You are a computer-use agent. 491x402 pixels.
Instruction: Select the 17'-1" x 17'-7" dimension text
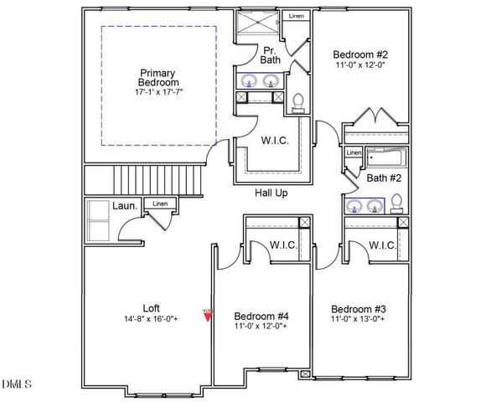click(x=158, y=92)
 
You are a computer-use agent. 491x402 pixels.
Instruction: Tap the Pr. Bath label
click(x=268, y=54)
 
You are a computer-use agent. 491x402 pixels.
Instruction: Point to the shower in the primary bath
click(x=259, y=23)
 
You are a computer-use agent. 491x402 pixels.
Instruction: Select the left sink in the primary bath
click(x=251, y=81)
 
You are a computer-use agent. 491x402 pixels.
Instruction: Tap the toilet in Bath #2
click(x=398, y=204)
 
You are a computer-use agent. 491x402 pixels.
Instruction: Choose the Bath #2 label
click(x=385, y=178)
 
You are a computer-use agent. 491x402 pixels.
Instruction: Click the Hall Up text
click(x=273, y=193)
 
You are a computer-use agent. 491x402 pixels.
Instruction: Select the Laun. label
click(x=125, y=205)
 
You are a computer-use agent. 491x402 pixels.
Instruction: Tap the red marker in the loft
click(x=207, y=314)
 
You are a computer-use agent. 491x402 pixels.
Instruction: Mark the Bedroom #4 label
click(x=261, y=316)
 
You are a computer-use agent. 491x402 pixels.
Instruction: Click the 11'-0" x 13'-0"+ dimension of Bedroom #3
click(x=358, y=319)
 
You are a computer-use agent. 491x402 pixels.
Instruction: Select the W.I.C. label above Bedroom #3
click(x=382, y=245)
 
